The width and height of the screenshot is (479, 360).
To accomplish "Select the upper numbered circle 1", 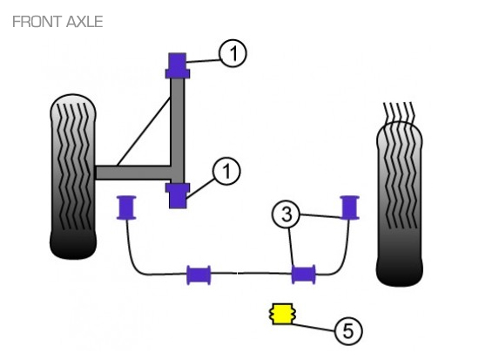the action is click(233, 53).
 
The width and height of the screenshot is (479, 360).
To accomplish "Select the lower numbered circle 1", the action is click(226, 171).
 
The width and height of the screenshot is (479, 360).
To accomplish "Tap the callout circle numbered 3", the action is click(286, 214).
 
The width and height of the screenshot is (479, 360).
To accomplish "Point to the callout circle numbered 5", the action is click(348, 331).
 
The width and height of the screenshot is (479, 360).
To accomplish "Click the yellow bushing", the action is click(282, 314).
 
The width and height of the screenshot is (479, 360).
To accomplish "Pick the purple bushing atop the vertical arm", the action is click(178, 65).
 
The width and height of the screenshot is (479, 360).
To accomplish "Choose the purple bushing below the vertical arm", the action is click(178, 196).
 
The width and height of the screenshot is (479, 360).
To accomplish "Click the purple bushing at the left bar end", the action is click(126, 207).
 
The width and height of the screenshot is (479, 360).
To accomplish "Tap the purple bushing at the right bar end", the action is click(349, 207).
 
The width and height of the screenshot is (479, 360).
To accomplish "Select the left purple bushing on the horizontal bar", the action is click(199, 275).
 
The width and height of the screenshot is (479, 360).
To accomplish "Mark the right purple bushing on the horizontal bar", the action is click(303, 275).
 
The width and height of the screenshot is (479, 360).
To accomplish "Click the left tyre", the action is click(72, 176).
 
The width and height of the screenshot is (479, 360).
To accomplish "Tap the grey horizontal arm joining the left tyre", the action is click(133, 173).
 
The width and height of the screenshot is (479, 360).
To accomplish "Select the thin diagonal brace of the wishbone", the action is click(144, 132).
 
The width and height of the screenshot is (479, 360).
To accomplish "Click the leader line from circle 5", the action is click(314, 327).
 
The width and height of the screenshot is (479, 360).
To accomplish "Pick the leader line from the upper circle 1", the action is click(203, 61).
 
